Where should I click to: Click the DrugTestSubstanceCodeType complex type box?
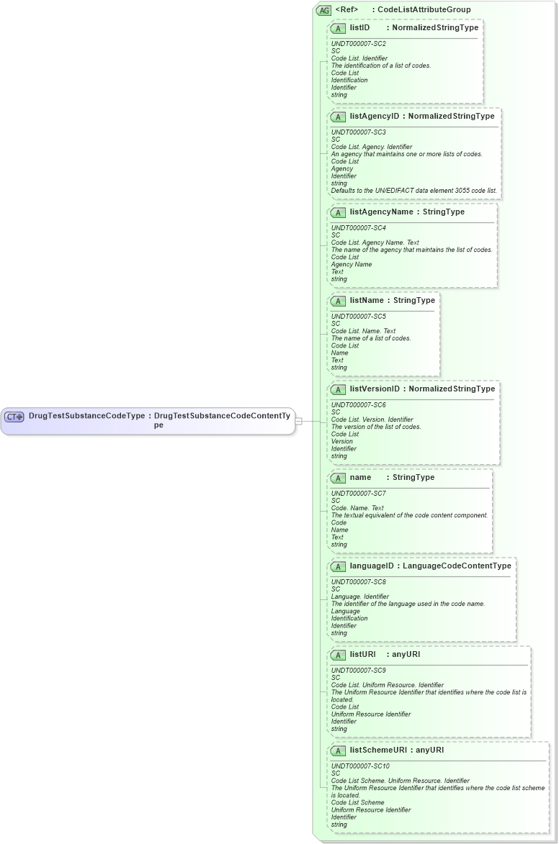(x=148, y=421)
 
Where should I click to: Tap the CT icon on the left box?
(x=14, y=417)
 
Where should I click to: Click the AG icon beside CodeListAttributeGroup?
(x=323, y=10)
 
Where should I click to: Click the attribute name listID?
(x=360, y=28)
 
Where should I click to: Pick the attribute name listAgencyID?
(x=374, y=117)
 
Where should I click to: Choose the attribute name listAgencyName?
(x=381, y=212)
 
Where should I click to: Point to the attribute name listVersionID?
(x=375, y=389)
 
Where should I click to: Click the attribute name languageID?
(x=372, y=566)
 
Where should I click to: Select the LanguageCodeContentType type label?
(x=457, y=566)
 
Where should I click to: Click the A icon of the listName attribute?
(x=339, y=301)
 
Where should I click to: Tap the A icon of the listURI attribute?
(x=339, y=655)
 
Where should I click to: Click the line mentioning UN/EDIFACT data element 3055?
(x=414, y=191)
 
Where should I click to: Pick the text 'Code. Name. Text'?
(x=357, y=508)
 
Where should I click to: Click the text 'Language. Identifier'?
(x=360, y=596)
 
